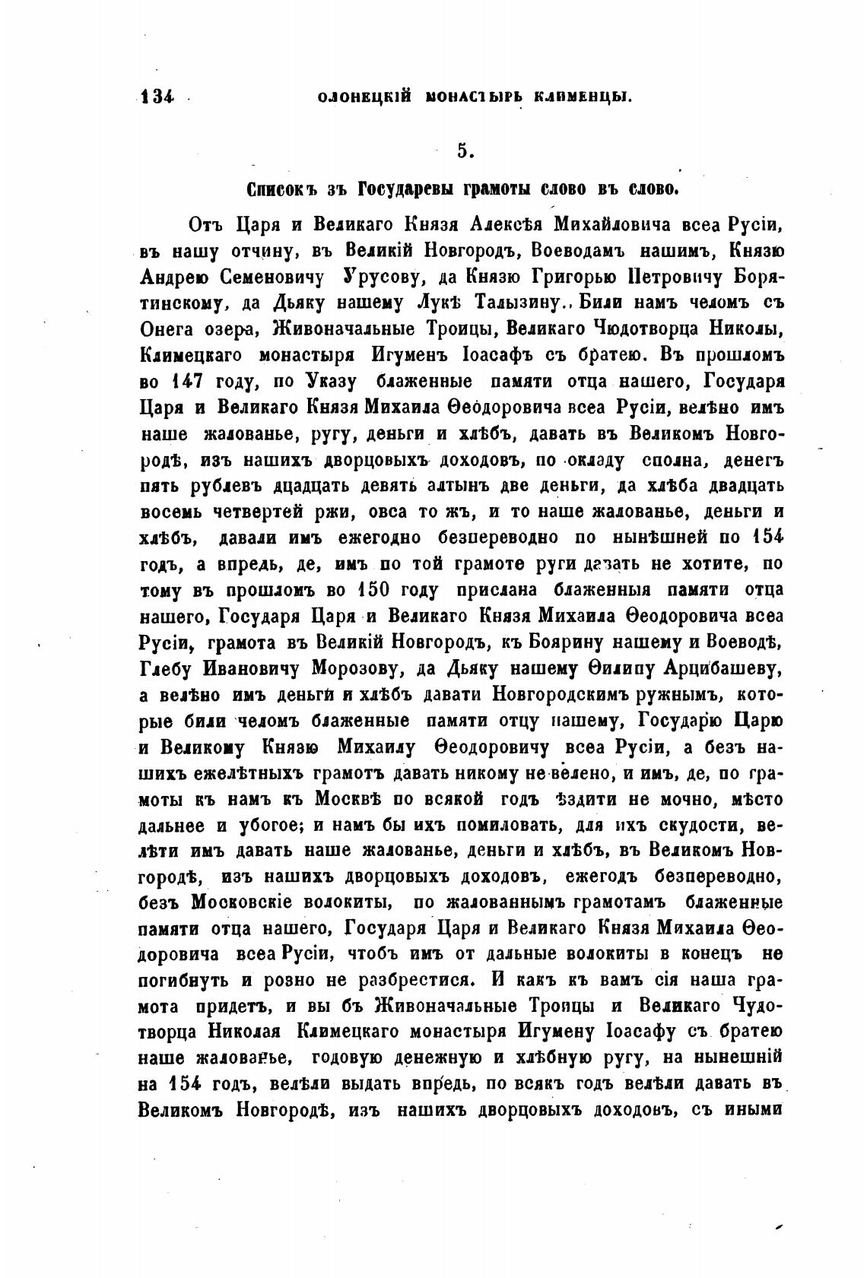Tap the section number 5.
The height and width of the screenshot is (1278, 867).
click(x=465, y=151)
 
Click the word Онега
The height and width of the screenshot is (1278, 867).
click(x=171, y=329)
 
